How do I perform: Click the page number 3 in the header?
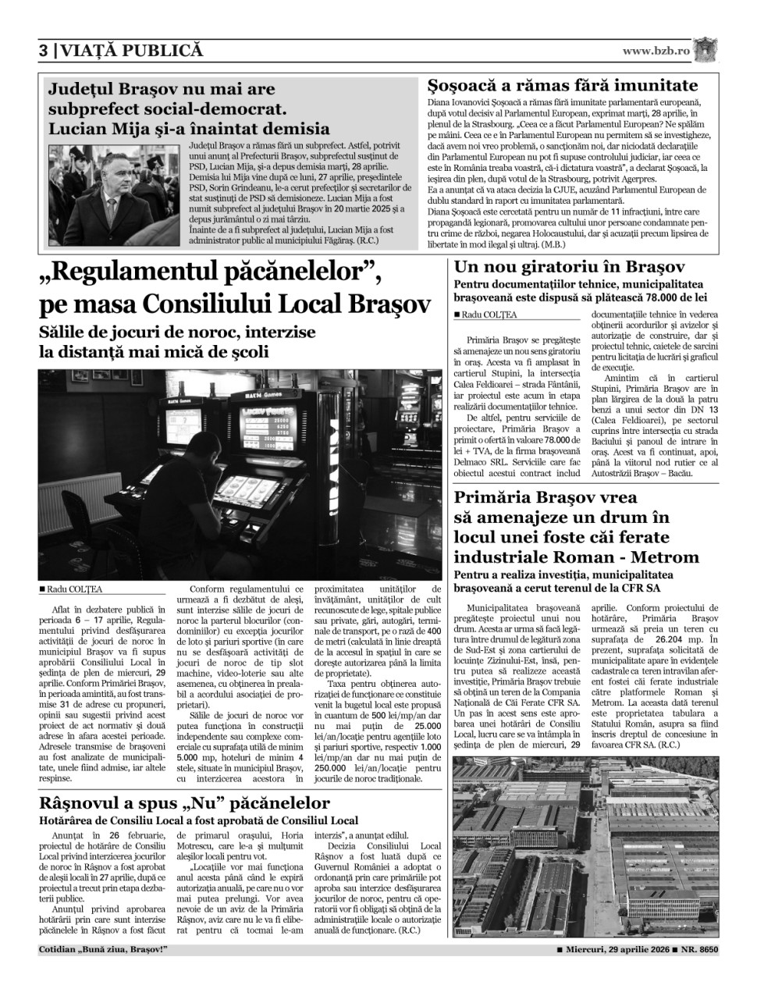coord(44,51)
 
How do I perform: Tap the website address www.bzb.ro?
coord(656,51)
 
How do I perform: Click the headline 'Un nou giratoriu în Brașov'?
coord(569,267)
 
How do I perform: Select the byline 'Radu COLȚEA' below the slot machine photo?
coord(74,590)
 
